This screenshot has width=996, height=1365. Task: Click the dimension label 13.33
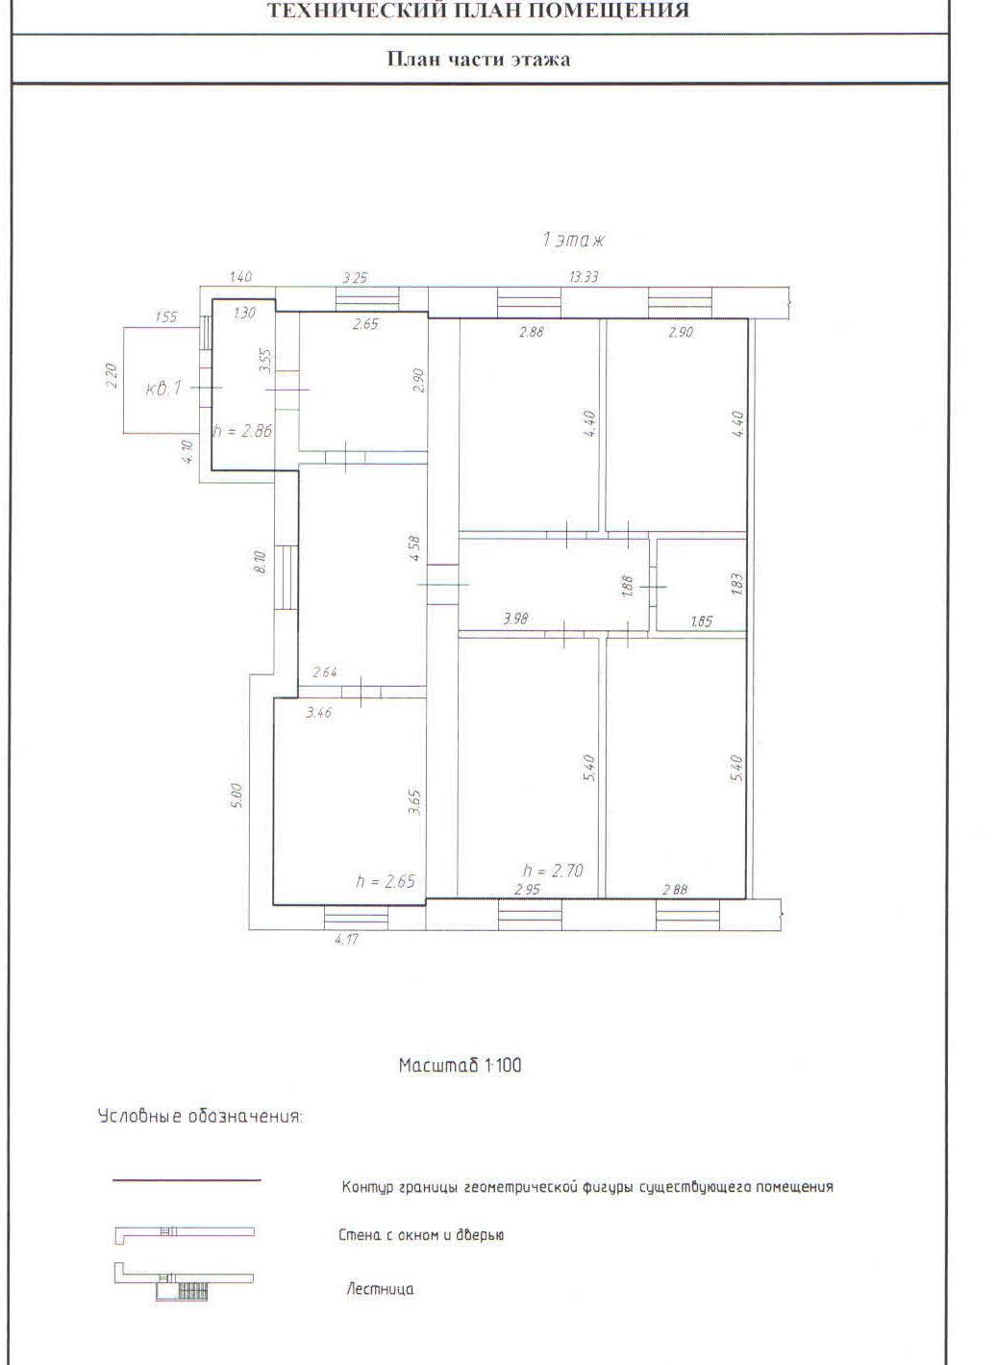point(584,277)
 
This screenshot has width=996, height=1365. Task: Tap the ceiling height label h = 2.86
point(242,431)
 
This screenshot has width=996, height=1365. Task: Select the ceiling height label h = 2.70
point(553,871)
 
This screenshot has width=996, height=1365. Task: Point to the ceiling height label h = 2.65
point(386,880)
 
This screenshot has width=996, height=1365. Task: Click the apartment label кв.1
point(163,389)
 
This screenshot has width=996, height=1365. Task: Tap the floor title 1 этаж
point(573,240)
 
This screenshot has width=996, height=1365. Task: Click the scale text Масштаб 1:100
point(460,1065)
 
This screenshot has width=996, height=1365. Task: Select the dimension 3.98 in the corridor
point(515,619)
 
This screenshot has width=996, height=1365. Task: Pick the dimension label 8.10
point(261,561)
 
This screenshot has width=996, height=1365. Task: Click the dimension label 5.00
point(237,796)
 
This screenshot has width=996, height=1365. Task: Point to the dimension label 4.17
point(346,940)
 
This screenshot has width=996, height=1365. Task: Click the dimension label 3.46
point(318,712)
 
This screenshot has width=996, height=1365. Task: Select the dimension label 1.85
point(701,621)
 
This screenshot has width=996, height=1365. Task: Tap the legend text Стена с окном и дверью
point(421,1235)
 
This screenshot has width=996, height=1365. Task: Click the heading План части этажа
point(479,59)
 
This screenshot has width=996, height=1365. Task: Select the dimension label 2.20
point(111,376)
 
